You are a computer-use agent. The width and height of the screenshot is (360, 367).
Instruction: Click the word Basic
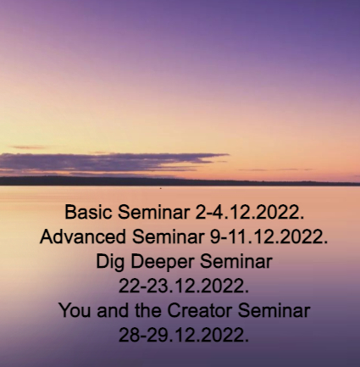pos(88,212)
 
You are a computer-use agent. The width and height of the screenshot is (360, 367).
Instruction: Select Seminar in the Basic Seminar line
pos(153,212)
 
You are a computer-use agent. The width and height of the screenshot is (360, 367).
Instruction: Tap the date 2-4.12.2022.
pos(250,212)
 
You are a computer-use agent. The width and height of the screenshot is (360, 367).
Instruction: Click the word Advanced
pos(83,236)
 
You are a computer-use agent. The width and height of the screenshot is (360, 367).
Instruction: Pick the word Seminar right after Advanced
pos(168,236)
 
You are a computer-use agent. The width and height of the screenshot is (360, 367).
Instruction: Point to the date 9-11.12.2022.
pos(269,236)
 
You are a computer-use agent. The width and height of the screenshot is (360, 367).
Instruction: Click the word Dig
pos(110,262)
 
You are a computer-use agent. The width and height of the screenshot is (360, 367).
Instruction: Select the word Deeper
pos(163,262)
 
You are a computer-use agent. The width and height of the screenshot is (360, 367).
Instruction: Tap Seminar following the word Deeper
pos(236,261)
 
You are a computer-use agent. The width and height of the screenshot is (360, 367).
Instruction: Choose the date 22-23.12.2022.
pos(184,286)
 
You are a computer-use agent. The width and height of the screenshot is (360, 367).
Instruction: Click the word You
pos(75,310)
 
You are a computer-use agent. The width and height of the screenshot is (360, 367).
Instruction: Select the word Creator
pos(199,310)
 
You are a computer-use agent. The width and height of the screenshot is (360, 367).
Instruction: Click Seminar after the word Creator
pos(274,310)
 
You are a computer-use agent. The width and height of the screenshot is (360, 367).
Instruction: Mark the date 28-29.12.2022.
pos(184,335)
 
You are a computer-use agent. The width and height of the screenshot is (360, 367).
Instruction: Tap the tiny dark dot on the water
pos(161,188)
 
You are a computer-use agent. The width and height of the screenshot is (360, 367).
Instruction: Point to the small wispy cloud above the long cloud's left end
pos(27,147)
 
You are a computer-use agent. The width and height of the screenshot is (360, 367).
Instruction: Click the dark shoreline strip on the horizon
pos(180,181)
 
